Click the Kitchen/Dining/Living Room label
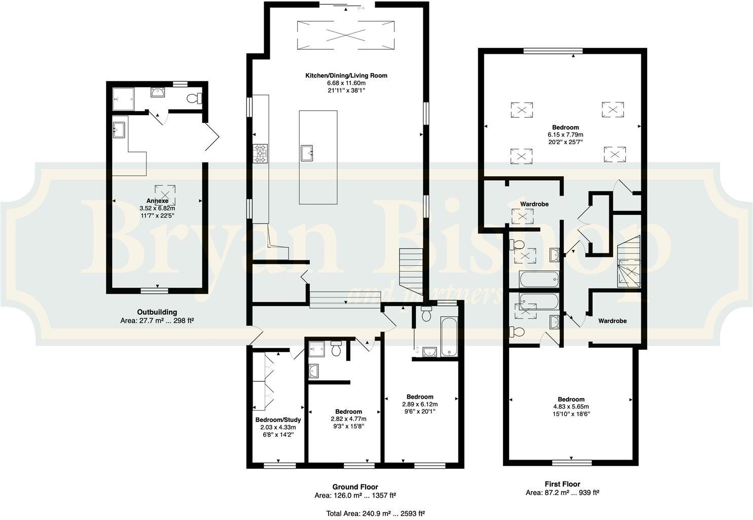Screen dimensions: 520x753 coord(346,76)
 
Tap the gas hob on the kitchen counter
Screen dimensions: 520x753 coord(261,153)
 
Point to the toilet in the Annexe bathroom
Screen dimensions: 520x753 coord(194,98)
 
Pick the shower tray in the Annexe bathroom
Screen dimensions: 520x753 coord(124,96)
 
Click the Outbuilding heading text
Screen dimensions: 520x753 coord(157,312)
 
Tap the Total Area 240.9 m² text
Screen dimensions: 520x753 coord(375,513)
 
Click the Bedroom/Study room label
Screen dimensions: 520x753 coord(278,420)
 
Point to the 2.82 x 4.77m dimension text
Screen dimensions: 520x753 coord(348,419)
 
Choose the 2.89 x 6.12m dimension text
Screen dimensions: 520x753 coord(419,404)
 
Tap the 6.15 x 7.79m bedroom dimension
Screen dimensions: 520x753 coord(565,135)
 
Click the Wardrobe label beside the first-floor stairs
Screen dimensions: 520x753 coord(612,321)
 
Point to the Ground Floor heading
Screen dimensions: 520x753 coord(355,487)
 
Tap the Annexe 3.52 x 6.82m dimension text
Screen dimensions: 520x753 coord(157,208)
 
